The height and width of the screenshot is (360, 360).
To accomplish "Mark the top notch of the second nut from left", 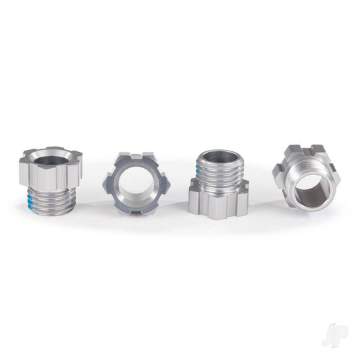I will tap(137, 157).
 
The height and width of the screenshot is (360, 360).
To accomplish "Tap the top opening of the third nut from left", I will tap(220, 157).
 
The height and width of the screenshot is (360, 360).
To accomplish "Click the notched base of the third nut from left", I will tap(219, 199).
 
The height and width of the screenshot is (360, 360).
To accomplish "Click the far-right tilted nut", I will tap(305, 176).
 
